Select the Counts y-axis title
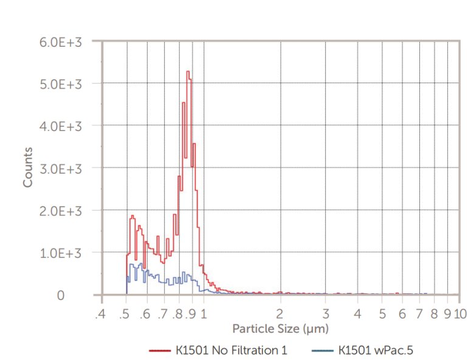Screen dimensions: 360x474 pos(28,166)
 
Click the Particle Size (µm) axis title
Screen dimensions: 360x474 pos(280,328)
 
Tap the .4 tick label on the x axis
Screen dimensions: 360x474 pos(100,313)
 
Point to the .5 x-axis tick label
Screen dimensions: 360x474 pos(125,313)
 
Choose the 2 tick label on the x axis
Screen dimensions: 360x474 pos(280,313)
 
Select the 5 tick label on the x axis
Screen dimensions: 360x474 pos(382,313)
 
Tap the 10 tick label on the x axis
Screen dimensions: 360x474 pos(459,313)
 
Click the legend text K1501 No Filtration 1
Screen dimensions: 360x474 pos(232,350)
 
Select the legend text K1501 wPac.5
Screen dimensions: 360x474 pos(376,350)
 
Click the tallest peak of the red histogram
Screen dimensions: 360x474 pos(188,72)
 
